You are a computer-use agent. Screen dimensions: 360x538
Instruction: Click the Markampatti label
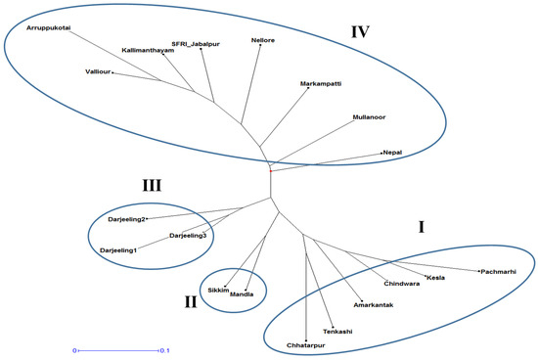point(321,85)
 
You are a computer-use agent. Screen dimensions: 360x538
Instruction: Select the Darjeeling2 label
point(127,220)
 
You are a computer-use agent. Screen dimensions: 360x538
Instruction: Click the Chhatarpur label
point(307,345)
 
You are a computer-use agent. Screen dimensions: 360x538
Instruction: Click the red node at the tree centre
point(271,171)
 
